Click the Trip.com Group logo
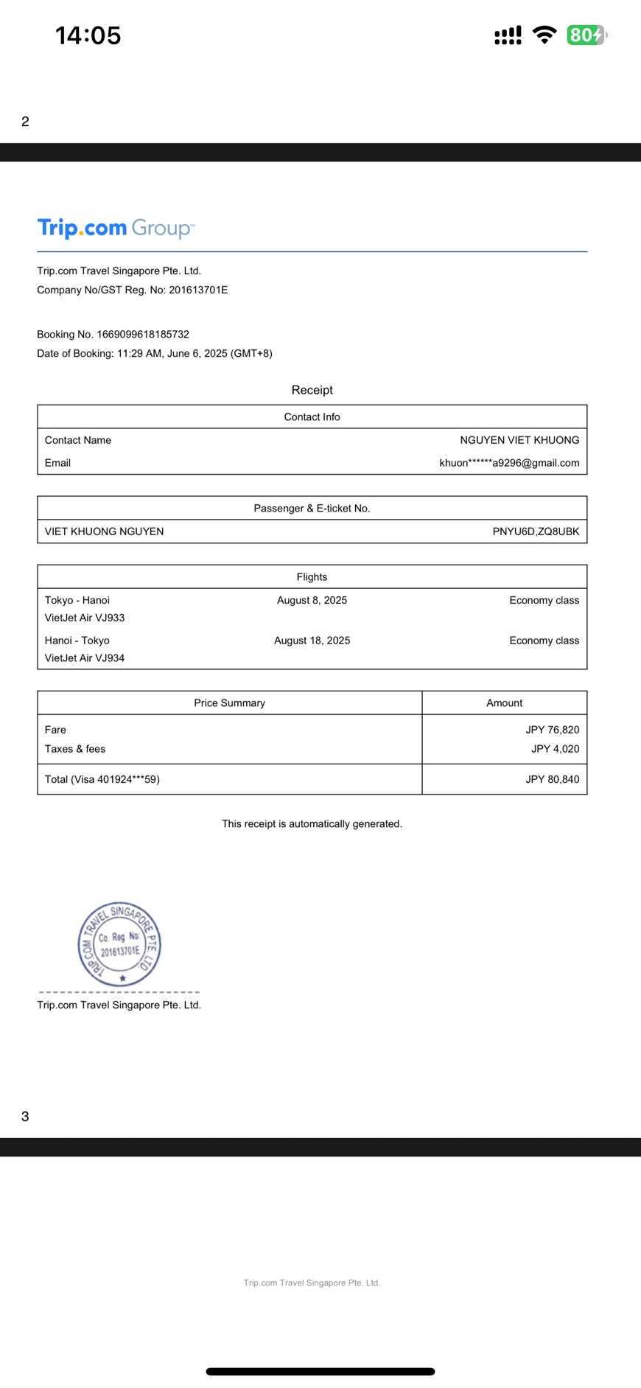pos(116,228)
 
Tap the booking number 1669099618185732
pos(143,334)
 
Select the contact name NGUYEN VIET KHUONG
pos(519,440)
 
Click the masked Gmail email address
pos(509,463)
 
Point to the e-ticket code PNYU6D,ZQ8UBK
pos(536,531)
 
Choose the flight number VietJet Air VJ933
pos(85,618)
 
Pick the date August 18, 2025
pos(312,641)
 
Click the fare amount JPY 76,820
pos(552,730)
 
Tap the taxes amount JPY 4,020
pos(555,749)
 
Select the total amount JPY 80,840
pos(552,779)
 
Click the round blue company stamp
pos(119,944)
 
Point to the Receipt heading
pos(312,390)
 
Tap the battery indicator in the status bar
pos(586,35)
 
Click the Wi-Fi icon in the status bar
pos(544,35)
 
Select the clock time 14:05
pos(88,35)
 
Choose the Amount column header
pos(504,703)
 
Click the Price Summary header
pos(229,703)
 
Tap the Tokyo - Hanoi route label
pos(77,600)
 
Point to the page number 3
pos(25,1116)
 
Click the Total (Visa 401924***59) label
pos(102,779)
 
